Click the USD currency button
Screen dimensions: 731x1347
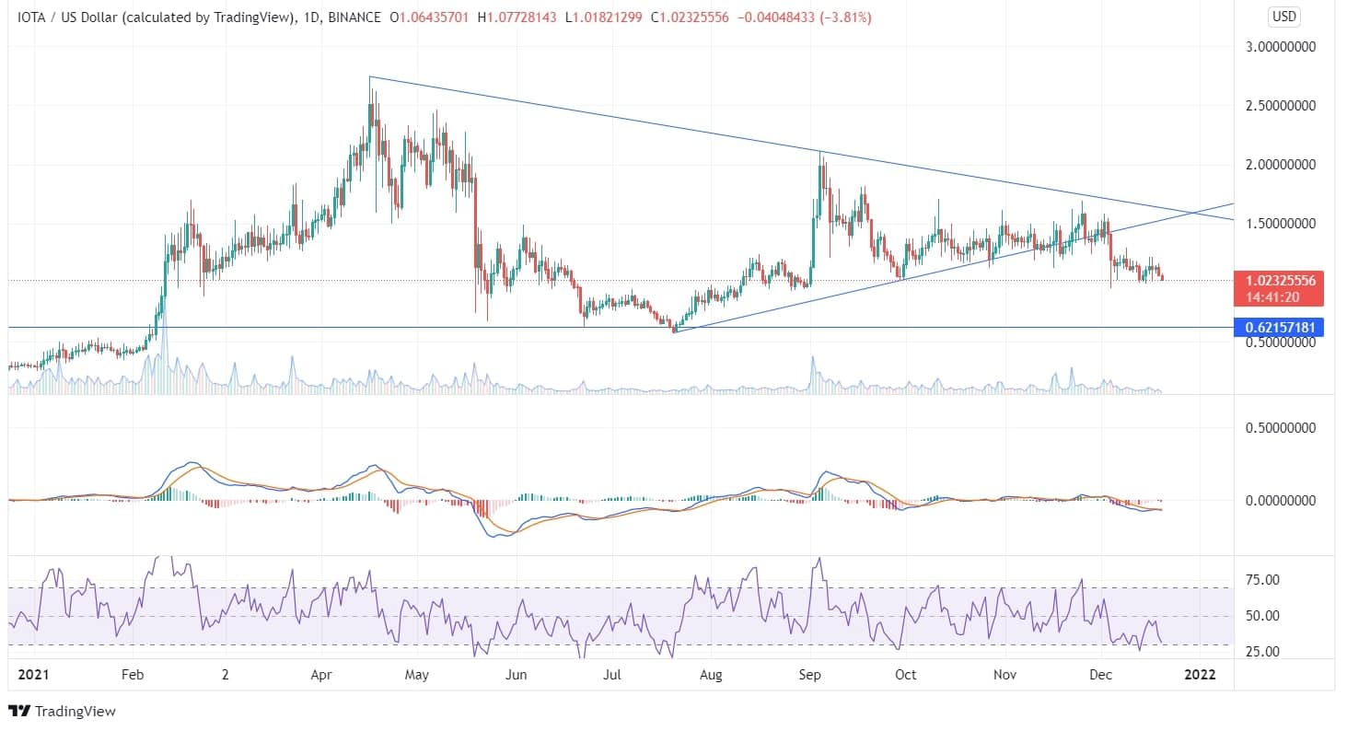pos(1283,17)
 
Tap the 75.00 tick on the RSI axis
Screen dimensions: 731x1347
pos(1263,579)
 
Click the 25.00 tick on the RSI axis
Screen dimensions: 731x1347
pos(1263,651)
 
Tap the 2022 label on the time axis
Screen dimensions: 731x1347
pos(1200,675)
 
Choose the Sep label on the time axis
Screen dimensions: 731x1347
pos(809,675)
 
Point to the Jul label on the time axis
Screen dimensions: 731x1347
pos(612,675)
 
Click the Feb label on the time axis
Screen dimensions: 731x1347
pos(133,675)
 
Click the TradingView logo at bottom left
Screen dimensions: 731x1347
pos(63,712)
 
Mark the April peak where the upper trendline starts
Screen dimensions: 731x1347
pos(369,76)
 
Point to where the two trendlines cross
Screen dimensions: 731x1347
pos(1195,214)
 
